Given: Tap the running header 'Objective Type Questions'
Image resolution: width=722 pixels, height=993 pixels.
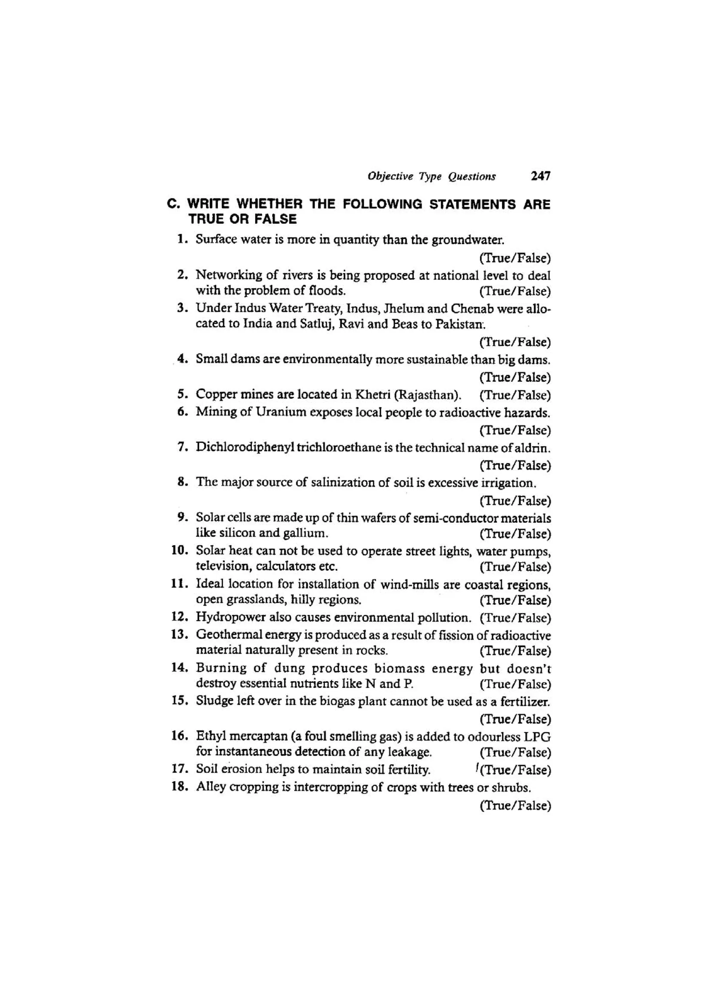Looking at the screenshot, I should click(432, 177).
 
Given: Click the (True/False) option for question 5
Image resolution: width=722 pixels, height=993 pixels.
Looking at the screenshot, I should click(515, 395).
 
